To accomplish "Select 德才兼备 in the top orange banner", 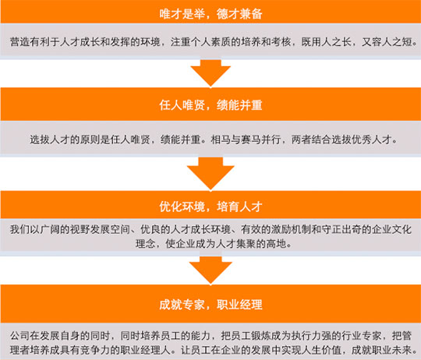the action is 239,14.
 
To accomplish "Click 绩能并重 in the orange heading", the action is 239,105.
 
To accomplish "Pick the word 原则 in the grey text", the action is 90,139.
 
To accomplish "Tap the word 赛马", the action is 251,139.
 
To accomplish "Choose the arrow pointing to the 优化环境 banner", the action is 210,174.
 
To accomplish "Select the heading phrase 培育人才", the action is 239,206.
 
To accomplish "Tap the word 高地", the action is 276,244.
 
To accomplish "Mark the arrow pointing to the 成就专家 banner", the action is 210,270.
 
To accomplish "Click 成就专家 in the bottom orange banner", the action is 182,305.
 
